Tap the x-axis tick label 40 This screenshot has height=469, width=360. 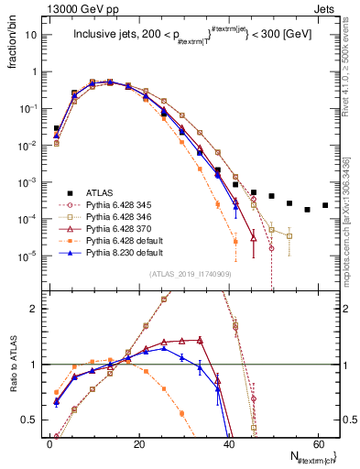228,445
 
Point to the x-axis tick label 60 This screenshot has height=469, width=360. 317,445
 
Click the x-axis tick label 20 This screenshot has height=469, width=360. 138,445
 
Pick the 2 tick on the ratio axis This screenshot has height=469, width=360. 38,309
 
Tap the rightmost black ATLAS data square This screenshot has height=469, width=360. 325,205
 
